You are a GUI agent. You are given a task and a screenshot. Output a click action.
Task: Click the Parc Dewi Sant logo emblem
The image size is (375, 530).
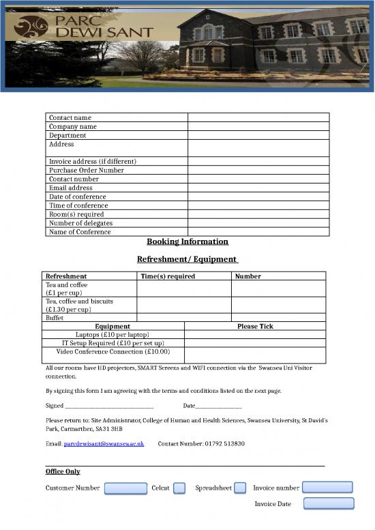[x=32, y=27]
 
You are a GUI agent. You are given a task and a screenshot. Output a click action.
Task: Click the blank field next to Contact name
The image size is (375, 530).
[x=258, y=117]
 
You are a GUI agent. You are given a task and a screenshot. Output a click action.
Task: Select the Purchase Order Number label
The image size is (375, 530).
[x=87, y=170]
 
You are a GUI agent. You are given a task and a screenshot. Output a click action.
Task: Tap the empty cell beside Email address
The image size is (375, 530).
[x=258, y=188]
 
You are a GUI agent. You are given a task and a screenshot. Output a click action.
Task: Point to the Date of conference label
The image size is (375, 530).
[x=78, y=196]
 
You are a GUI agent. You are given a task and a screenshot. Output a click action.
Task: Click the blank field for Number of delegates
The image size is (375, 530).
[x=258, y=223]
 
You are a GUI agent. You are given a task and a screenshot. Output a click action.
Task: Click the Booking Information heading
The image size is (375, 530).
[x=187, y=241]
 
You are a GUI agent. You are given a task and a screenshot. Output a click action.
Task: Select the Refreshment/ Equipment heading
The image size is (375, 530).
[x=187, y=259]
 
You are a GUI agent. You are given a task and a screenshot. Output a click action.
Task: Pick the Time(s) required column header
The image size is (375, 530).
[x=168, y=276]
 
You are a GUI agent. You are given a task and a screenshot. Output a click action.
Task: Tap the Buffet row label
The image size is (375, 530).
[x=55, y=317]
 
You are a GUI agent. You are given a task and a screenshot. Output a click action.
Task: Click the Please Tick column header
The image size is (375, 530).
[x=255, y=326]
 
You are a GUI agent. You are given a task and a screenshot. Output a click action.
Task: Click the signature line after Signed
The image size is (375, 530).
[x=109, y=407]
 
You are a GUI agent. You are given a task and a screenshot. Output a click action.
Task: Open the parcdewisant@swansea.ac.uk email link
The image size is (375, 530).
[x=104, y=443]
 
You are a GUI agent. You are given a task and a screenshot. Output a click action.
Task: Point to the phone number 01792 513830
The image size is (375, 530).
[x=224, y=443]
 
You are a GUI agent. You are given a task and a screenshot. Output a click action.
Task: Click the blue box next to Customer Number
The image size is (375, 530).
[x=125, y=488]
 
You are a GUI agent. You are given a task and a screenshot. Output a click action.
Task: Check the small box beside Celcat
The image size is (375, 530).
[x=179, y=488]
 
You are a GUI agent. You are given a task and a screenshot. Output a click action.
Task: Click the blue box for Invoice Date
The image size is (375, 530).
[x=329, y=503]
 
